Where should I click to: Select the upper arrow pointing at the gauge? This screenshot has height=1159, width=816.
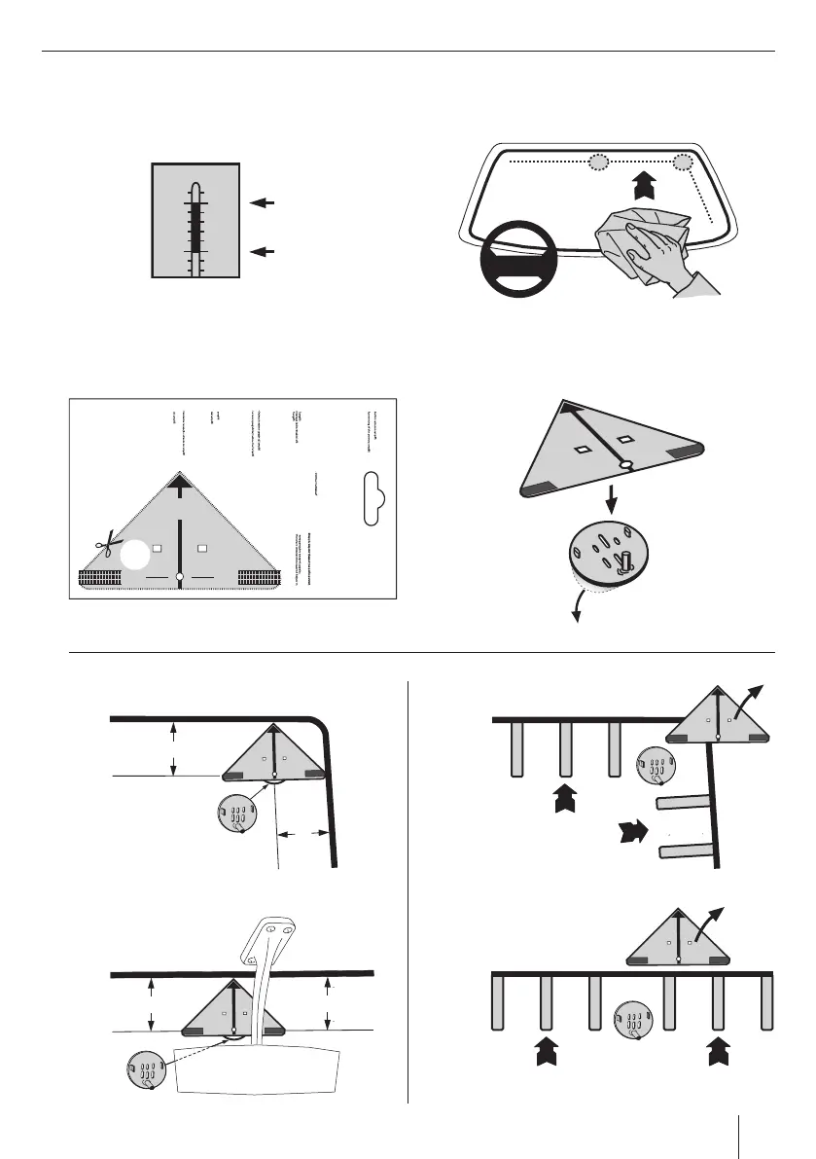coord(263,202)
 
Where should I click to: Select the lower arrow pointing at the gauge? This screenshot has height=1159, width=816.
coord(263,252)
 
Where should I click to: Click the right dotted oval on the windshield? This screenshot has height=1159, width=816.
coord(686,162)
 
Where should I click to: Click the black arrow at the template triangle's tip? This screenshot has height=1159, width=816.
coord(180,483)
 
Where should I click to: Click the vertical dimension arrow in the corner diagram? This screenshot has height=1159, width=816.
coord(173,748)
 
